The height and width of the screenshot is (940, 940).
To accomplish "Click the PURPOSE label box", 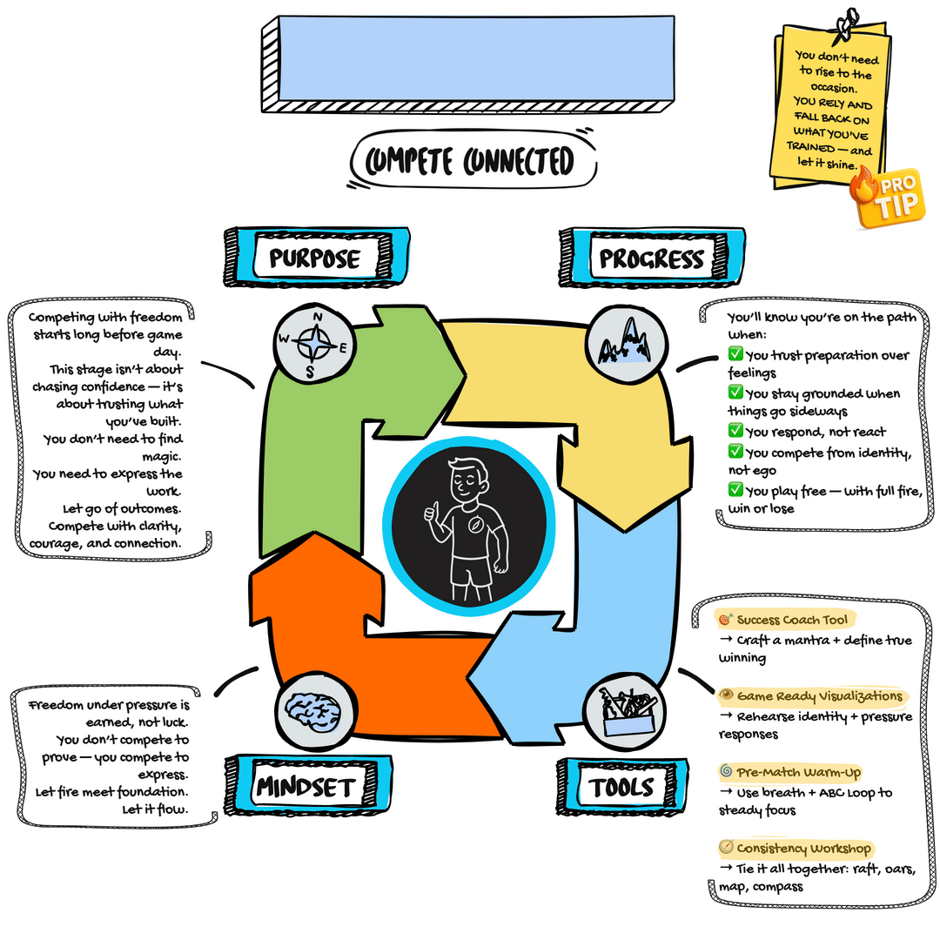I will pyautogui.click(x=314, y=258).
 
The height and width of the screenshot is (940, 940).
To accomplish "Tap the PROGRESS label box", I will pyautogui.click(x=650, y=258).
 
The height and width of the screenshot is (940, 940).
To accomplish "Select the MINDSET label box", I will pyautogui.click(x=305, y=788).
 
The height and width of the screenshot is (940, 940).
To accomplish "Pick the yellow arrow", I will pyautogui.click(x=574, y=392).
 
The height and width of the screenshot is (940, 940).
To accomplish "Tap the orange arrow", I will pyautogui.click(x=366, y=661).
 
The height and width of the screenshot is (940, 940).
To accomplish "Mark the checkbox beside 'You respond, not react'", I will pyautogui.click(x=735, y=432).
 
